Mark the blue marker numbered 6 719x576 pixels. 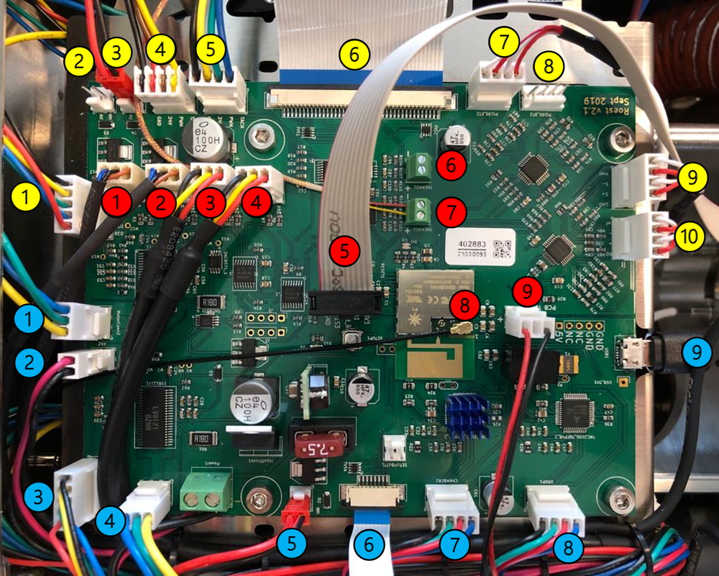pos(369,544)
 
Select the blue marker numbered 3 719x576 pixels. pos(38,496)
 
